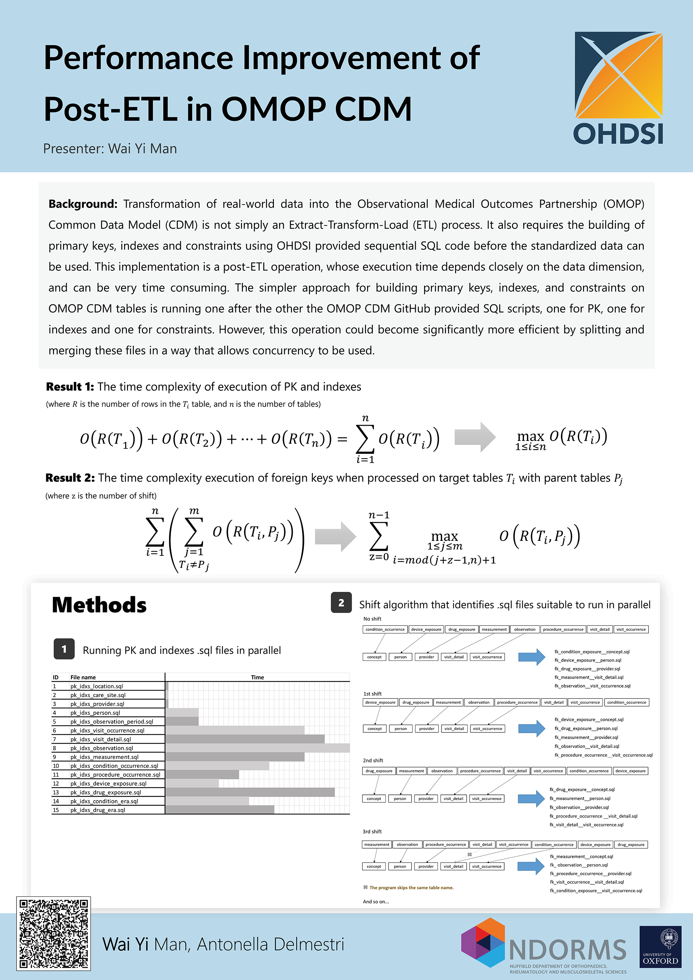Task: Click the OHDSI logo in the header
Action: (618, 87)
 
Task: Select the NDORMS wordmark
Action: (568, 950)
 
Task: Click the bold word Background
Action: (82, 204)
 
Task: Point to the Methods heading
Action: (99, 605)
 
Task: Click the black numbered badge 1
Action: (64, 649)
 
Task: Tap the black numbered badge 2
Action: (341, 603)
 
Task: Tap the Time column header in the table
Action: (257, 677)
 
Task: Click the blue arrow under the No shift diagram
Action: (531, 657)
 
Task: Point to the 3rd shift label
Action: (372, 831)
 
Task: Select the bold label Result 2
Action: (70, 478)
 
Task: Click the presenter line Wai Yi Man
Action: (110, 149)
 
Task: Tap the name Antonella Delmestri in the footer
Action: (270, 944)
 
